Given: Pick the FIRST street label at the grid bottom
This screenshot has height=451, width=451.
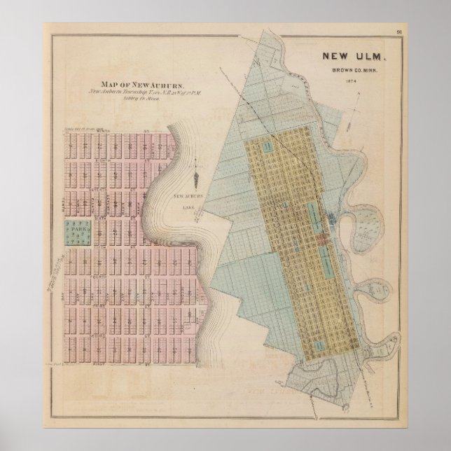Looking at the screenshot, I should (x=120, y=363).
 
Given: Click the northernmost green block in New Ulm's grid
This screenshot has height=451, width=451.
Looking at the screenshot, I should (x=268, y=146).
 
